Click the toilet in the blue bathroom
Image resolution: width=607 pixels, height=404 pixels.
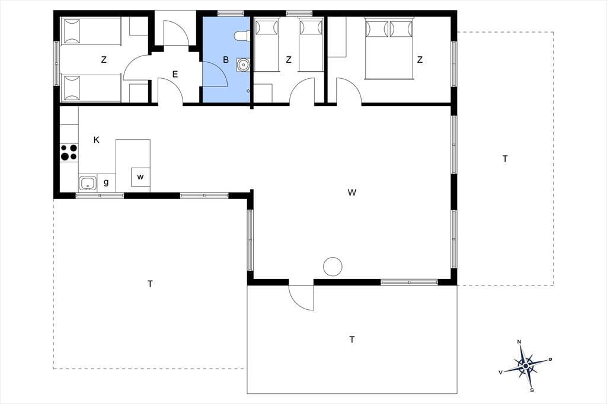(x=241, y=36)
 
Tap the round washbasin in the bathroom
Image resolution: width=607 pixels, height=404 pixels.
(x=243, y=65)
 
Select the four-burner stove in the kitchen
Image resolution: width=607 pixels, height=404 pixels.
(x=69, y=152)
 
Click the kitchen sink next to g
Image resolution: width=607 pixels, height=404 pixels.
(x=88, y=182)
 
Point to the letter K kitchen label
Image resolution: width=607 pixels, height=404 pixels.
(x=97, y=140)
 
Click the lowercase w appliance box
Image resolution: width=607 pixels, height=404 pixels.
(x=140, y=177)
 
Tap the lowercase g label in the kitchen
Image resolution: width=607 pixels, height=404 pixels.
(x=106, y=182)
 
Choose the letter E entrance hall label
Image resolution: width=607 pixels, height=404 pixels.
(x=175, y=74)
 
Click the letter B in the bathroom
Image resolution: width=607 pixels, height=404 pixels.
(x=226, y=60)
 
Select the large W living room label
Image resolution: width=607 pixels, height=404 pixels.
(x=352, y=193)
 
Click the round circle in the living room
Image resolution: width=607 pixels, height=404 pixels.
(x=333, y=267)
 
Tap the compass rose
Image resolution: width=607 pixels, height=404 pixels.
(x=525, y=365)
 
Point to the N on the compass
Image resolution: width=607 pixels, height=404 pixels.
(x=519, y=342)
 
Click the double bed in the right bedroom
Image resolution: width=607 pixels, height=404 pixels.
(x=389, y=49)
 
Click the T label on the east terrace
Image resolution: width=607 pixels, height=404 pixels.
(x=505, y=159)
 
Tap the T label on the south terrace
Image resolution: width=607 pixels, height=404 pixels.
(x=352, y=340)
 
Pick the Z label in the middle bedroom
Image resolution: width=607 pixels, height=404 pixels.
(x=289, y=60)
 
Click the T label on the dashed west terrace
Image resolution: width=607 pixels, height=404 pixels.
(x=150, y=284)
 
